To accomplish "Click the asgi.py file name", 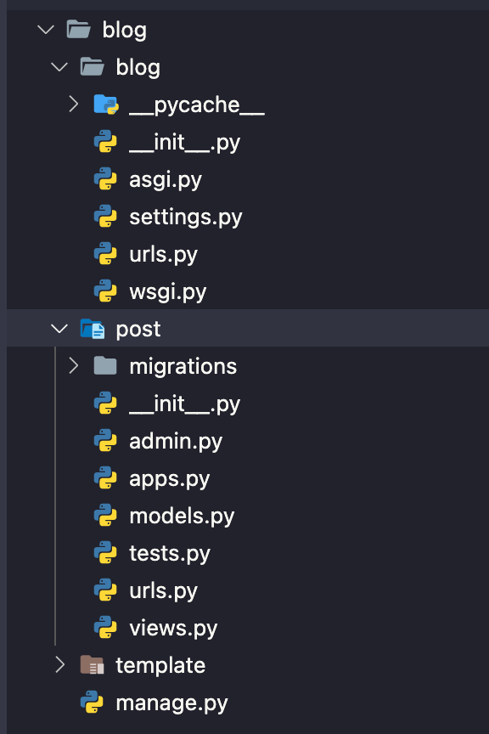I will pyautogui.click(x=165, y=179).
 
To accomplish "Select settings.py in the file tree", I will pyautogui.click(x=185, y=217).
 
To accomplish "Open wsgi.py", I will pyautogui.click(x=167, y=291).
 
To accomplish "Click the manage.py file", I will pyautogui.click(x=171, y=703).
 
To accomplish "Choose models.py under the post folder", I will pyautogui.click(x=182, y=516).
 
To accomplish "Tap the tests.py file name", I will pyautogui.click(x=169, y=553).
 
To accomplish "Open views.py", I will pyautogui.click(x=173, y=628).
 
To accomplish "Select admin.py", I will pyautogui.click(x=176, y=441).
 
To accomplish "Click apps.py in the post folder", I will pyautogui.click(x=169, y=478).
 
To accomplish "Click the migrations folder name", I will pyautogui.click(x=183, y=366).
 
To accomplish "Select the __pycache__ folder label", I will pyautogui.click(x=197, y=104).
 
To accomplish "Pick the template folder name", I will pyautogui.click(x=160, y=665).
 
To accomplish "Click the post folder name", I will pyautogui.click(x=138, y=329).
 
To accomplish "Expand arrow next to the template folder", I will pyautogui.click(x=59, y=664).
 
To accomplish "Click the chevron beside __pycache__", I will pyautogui.click(x=73, y=104).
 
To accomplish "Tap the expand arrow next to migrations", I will pyautogui.click(x=73, y=365).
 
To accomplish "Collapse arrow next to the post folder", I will pyautogui.click(x=59, y=329).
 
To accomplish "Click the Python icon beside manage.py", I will pyautogui.click(x=92, y=703).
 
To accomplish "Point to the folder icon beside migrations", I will pyautogui.click(x=105, y=365).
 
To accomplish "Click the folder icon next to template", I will pyautogui.click(x=92, y=665).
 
